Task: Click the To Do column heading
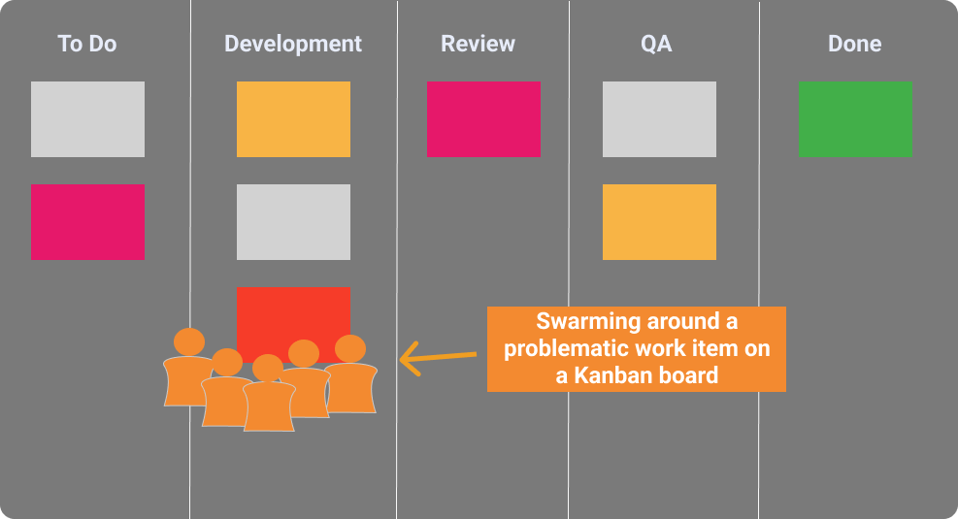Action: (x=86, y=44)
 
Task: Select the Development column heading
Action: (x=293, y=44)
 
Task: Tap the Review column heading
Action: (x=478, y=44)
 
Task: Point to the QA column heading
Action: (x=656, y=44)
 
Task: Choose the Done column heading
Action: (x=855, y=44)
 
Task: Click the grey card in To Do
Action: (x=88, y=119)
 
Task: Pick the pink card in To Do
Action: (x=88, y=222)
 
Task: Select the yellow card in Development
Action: (x=294, y=119)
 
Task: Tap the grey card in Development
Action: (x=294, y=222)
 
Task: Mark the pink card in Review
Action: (x=484, y=119)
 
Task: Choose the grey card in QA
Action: (x=659, y=119)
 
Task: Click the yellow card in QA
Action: (x=659, y=222)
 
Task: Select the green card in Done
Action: (x=855, y=119)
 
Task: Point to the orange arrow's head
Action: (x=401, y=360)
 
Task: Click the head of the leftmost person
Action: (x=189, y=341)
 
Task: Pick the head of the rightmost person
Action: (x=350, y=348)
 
